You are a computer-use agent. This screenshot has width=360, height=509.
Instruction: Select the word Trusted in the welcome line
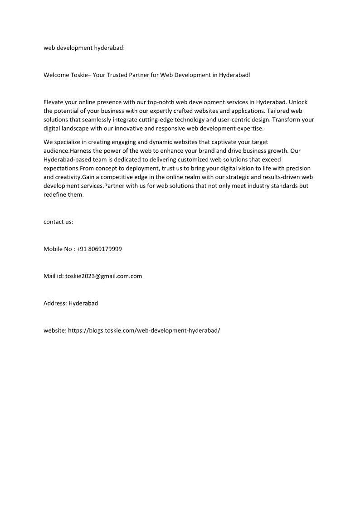119,75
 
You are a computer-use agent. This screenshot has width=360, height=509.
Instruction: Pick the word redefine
55,194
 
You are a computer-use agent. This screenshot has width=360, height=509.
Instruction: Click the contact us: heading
58,222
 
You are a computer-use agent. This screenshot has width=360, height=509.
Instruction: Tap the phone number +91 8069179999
99,249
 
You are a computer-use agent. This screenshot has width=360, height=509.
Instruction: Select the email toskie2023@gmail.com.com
103,276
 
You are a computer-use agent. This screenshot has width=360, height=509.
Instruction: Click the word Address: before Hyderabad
55,303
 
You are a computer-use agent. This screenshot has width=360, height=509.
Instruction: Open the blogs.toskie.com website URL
144,330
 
